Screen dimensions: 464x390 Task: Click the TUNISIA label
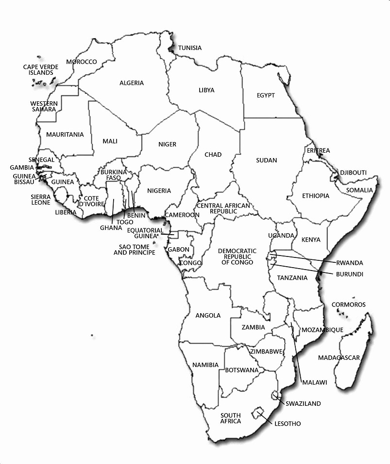pyautogui.click(x=189, y=48)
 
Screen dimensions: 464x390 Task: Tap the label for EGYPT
pyautogui.click(x=266, y=96)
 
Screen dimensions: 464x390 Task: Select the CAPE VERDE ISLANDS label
pyautogui.click(x=41, y=69)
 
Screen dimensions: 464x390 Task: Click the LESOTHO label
pyautogui.click(x=288, y=424)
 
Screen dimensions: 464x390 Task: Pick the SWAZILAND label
pyautogui.click(x=303, y=403)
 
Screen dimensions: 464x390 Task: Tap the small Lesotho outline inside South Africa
pyautogui.click(x=255, y=413)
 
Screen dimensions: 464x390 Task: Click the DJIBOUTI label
pyautogui.click(x=353, y=173)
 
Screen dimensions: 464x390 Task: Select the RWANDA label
pyautogui.click(x=349, y=263)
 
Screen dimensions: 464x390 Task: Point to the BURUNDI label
pyautogui.click(x=349, y=274)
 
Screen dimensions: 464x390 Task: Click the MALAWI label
pyautogui.click(x=314, y=382)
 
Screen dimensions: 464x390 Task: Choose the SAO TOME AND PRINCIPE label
pyautogui.click(x=135, y=250)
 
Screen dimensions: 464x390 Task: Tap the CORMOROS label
pyautogui.click(x=348, y=304)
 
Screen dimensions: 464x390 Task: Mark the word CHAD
pyautogui.click(x=213, y=155)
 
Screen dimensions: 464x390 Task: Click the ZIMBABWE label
pyautogui.click(x=266, y=351)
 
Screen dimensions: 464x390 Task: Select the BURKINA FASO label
pyautogui.click(x=114, y=175)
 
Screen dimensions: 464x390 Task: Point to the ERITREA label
pyautogui.click(x=318, y=151)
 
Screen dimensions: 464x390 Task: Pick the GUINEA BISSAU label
pyautogui.click(x=24, y=179)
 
